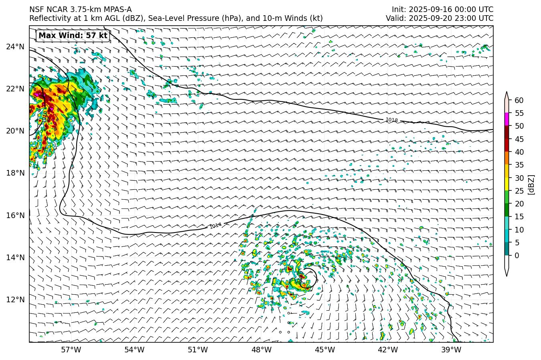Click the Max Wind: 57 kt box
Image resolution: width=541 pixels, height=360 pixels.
click(x=73, y=35)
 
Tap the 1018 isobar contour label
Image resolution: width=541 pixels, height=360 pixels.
click(x=391, y=120)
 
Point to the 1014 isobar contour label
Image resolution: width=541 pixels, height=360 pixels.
click(x=216, y=226)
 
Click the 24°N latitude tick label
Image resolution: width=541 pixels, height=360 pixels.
click(x=15, y=47)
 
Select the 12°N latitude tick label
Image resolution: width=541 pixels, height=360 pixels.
click(x=15, y=299)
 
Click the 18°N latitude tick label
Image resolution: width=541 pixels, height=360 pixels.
click(x=15, y=173)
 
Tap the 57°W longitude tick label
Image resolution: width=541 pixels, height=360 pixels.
click(x=71, y=350)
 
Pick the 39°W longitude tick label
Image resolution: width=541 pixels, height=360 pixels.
click(x=451, y=350)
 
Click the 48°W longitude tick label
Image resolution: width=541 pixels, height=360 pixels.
click(x=261, y=350)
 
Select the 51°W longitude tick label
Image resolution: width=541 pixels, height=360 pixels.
click(x=198, y=350)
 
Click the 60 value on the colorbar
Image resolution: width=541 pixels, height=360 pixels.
click(x=519, y=100)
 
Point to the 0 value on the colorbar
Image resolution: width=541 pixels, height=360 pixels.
click(x=517, y=255)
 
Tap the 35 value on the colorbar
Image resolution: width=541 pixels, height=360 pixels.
click(x=519, y=165)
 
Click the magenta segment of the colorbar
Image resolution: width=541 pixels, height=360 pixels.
click(x=507, y=119)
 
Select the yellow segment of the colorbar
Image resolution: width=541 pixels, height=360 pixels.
click(x=507, y=184)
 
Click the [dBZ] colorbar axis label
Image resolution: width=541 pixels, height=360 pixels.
click(x=531, y=184)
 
